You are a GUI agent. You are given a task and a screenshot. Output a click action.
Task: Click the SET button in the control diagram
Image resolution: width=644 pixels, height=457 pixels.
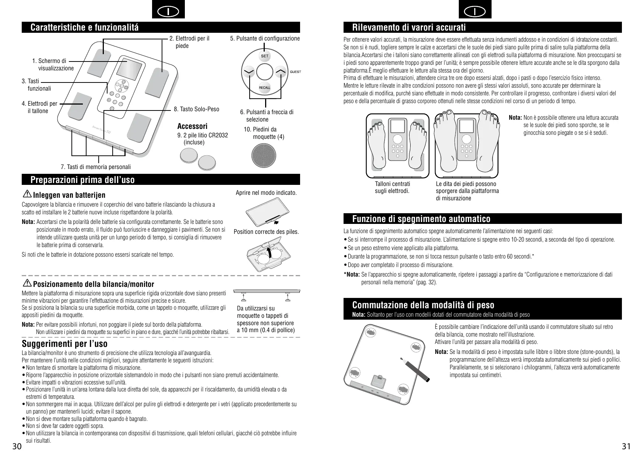click(265, 56)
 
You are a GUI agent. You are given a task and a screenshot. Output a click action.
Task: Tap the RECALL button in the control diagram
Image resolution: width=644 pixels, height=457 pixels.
click(264, 87)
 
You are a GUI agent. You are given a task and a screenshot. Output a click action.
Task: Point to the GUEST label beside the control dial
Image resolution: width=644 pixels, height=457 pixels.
click(295, 71)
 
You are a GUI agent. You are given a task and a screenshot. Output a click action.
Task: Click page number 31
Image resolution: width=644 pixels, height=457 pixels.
click(626, 447)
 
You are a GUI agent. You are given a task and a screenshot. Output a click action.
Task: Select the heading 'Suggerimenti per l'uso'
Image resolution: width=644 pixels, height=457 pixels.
click(65, 344)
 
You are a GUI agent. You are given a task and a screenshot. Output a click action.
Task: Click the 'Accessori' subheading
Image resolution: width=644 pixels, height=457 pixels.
click(192, 126)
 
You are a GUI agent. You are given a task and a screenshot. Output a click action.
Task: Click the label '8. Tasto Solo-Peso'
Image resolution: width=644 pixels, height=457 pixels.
click(196, 109)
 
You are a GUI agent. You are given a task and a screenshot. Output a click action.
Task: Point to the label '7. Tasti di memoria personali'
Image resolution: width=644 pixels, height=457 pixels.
click(96, 167)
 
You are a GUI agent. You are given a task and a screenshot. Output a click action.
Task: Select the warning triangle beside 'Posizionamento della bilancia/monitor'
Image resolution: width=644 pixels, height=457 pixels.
click(27, 283)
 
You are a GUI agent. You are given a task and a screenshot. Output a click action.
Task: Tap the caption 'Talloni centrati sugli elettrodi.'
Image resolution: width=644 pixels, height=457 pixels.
click(392, 187)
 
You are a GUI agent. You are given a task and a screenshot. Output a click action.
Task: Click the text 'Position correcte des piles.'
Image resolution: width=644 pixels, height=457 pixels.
click(266, 232)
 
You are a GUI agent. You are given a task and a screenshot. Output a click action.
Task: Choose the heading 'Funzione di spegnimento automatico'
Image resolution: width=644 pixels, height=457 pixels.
click(421, 219)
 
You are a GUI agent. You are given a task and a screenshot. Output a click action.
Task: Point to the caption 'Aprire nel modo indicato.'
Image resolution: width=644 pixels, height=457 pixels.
click(266, 193)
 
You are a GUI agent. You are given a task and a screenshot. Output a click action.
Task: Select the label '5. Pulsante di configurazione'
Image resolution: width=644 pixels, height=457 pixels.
click(265, 38)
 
